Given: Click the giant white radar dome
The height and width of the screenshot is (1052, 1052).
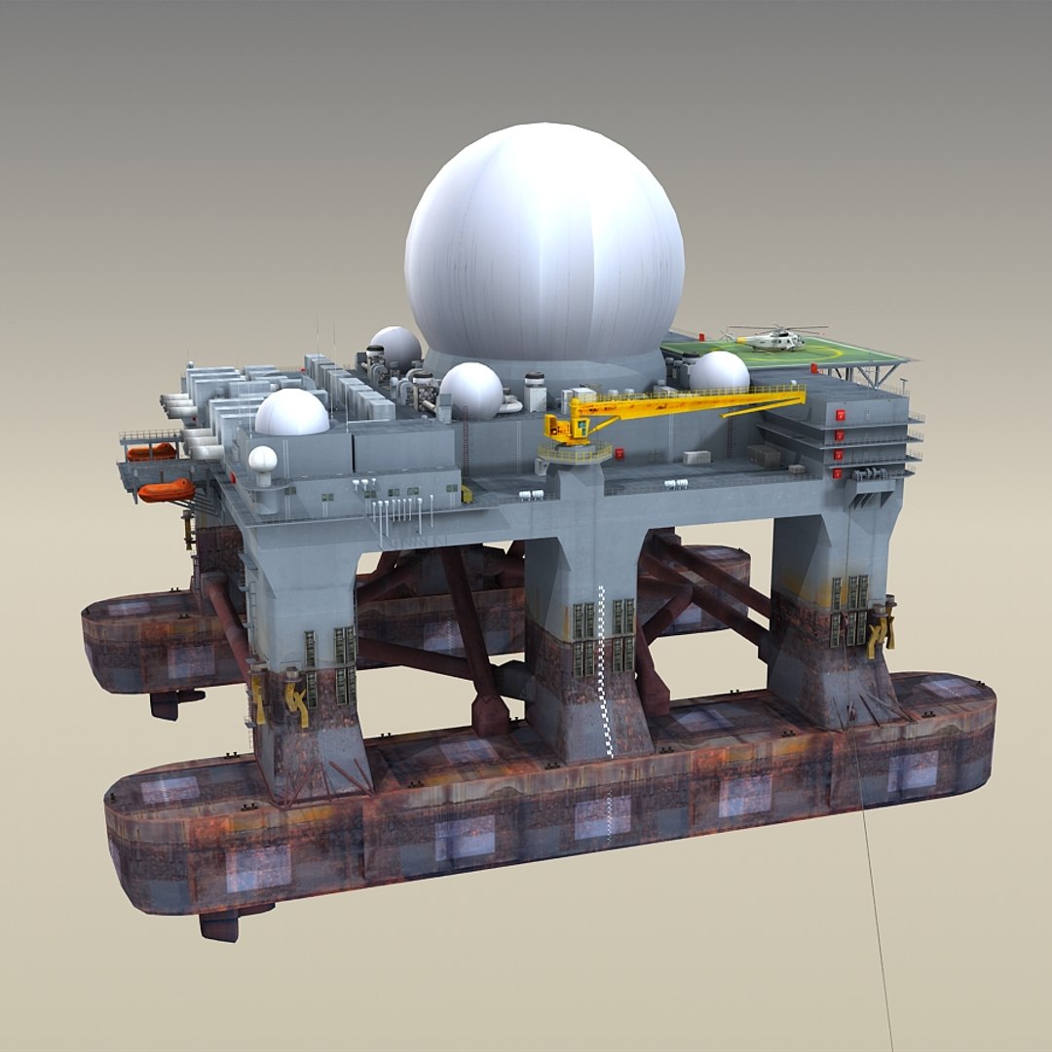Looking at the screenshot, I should point(544,244).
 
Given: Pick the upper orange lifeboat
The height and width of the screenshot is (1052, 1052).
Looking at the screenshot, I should point(151,452).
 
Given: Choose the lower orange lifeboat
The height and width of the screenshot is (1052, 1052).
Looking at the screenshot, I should point(166,490).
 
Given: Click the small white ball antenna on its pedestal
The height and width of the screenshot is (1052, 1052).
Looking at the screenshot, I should point(262,460).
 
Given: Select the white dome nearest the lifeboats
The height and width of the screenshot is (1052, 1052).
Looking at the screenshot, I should point(291,414).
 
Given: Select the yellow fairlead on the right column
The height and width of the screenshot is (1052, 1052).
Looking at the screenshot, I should point(882,630).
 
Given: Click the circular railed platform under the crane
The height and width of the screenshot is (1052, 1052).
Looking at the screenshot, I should point(575,453).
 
